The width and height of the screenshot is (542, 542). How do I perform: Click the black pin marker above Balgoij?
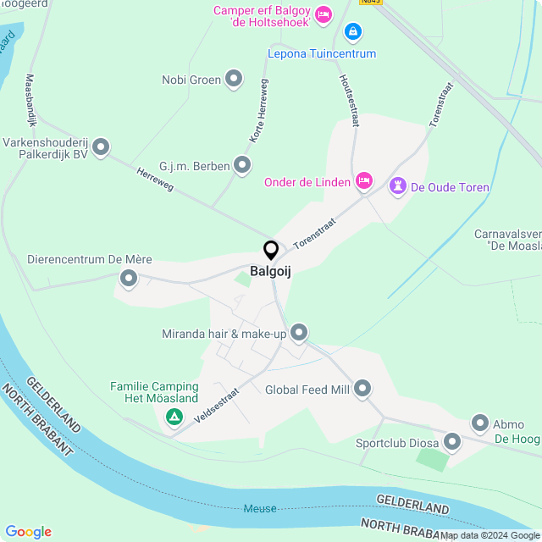coord(271,251)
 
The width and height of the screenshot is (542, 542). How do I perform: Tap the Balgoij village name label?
coord(271,272)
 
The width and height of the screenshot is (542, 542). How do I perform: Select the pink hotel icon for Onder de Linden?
coord(364,180)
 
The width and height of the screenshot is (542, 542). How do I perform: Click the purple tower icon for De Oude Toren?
coord(397,186)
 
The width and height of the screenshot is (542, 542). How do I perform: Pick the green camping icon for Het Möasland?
coord(174,417)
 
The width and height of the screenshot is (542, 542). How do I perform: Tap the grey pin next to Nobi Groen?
coord(234,80)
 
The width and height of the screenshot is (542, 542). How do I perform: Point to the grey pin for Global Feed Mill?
coord(362,389)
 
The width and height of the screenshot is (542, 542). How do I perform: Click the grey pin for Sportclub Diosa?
coord(451,441)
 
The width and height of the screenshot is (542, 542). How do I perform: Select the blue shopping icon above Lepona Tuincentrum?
coord(352,32)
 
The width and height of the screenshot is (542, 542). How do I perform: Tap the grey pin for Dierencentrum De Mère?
coord(129,277)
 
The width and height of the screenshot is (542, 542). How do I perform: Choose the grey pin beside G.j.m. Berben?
coord(243,165)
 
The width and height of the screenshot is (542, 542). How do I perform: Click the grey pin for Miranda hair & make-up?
coord(298,334)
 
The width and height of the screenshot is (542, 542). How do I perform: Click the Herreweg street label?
coord(155,179)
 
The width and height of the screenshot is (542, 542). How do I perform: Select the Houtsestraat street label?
coord(347,101)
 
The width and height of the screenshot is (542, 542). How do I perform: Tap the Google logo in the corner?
coord(28,532)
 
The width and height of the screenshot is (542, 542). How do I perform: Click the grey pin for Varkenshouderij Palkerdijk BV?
coord(101,148)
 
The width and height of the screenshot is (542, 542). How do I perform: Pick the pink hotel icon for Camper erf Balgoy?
coord(322,14)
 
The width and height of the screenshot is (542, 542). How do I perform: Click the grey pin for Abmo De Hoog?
coord(480,423)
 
